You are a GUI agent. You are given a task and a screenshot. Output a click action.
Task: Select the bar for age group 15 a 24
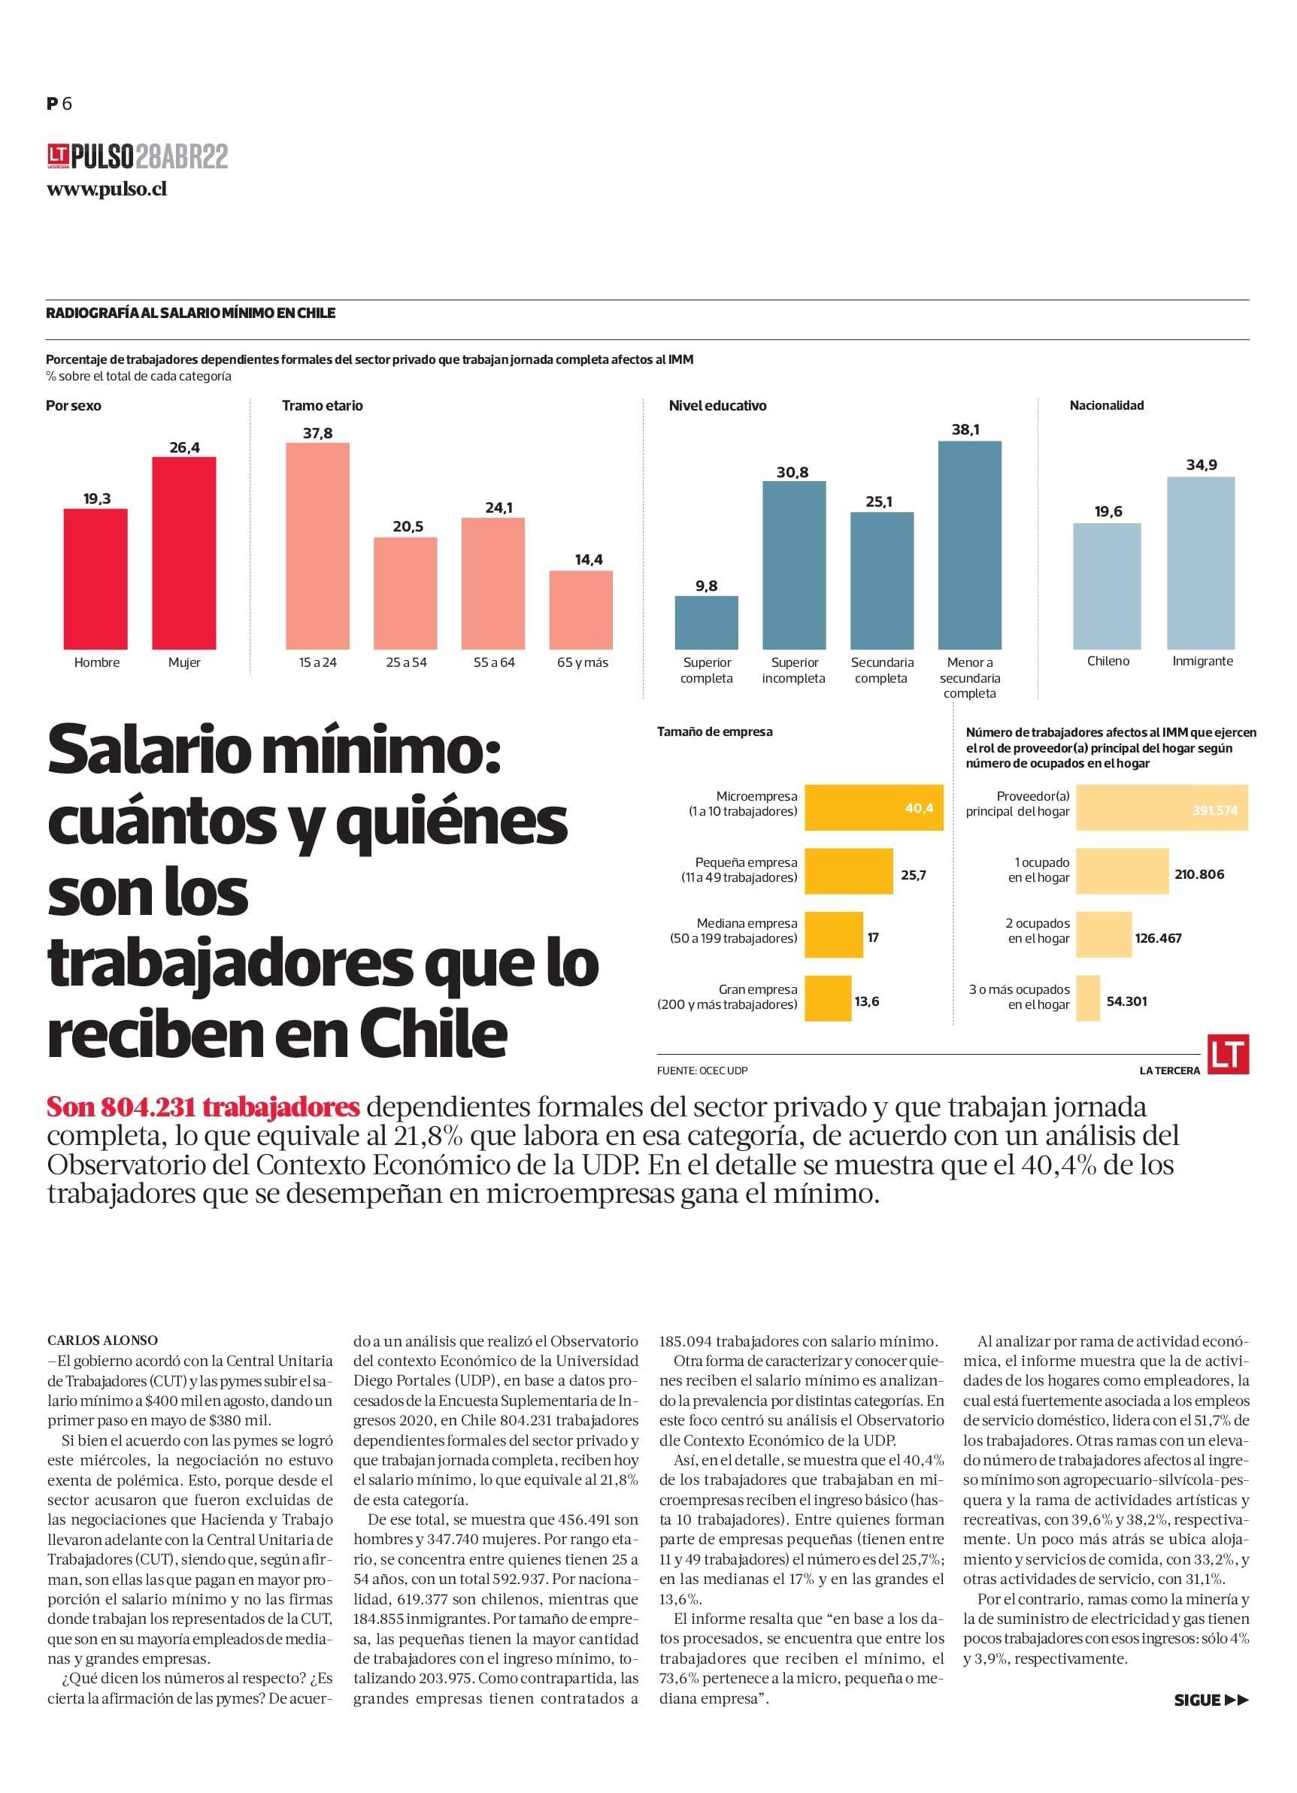[317, 545]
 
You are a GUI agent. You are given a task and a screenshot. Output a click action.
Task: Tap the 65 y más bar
[580, 609]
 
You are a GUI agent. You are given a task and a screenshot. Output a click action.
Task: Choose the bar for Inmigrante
[1202, 562]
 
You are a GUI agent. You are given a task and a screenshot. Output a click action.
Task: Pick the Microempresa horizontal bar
[873, 807]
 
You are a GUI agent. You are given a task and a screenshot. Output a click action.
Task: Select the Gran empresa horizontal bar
[828, 998]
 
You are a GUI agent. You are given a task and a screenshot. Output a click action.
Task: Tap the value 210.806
[1199, 874]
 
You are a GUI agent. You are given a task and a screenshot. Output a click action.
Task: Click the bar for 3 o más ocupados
[1087, 998]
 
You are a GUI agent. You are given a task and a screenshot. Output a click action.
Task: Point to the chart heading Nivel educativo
[717, 405]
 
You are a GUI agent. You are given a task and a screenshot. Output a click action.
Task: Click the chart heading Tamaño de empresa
[714, 732]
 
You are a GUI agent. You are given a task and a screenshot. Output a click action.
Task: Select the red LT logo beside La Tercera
[1228, 1055]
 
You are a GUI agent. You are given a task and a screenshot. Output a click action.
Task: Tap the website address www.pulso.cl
[107, 189]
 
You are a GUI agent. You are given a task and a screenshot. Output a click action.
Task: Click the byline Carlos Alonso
[102, 1340]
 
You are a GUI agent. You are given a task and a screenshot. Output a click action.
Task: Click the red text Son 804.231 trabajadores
[203, 1107]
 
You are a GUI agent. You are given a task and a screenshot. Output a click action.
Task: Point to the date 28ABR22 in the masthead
[181, 157]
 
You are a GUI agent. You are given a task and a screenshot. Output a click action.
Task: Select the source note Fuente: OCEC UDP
[702, 1071]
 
